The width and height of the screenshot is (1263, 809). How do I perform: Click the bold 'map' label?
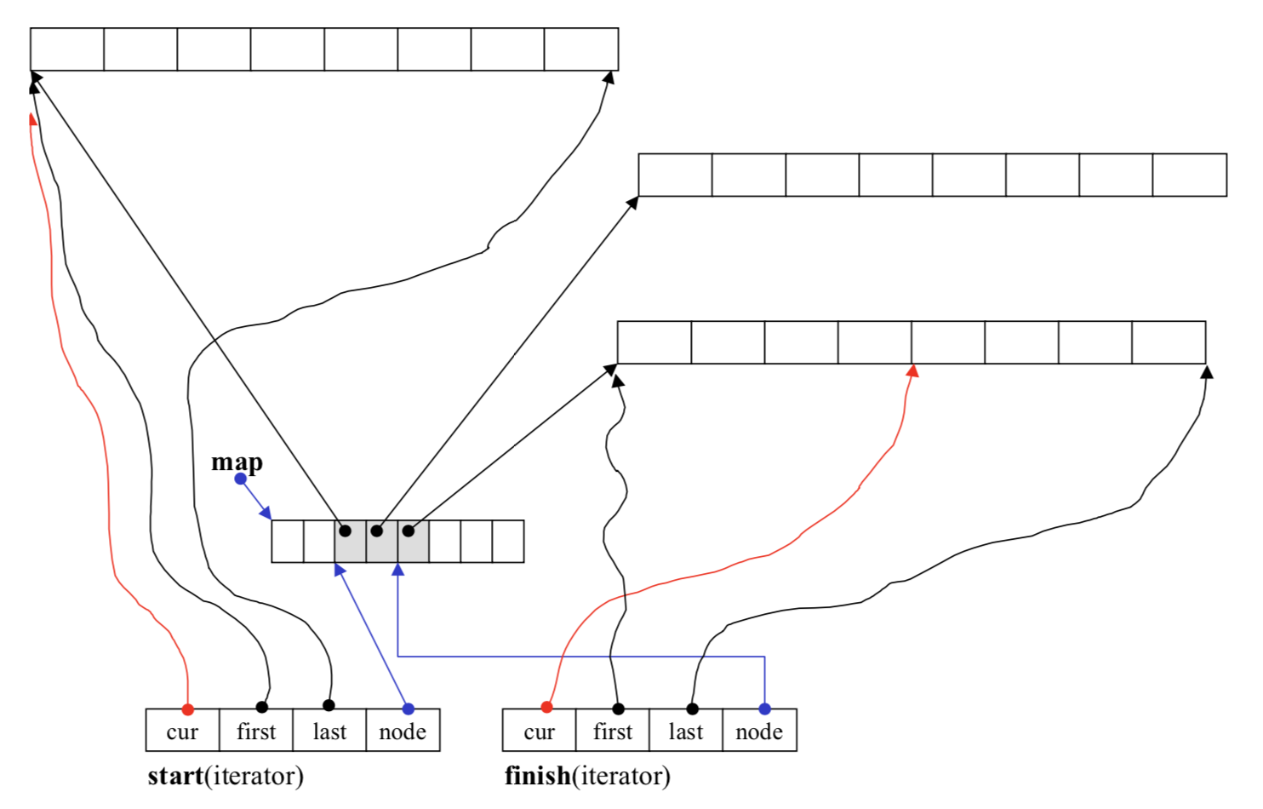click(x=237, y=462)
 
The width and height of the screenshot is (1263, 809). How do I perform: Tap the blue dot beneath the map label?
click(x=241, y=479)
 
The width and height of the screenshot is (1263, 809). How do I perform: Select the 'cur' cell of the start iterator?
click(x=182, y=732)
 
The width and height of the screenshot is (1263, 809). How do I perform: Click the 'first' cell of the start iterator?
click(x=256, y=732)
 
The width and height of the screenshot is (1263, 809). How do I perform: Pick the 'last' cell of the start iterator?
click(x=329, y=732)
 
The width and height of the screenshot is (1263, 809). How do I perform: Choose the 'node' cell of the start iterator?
click(x=403, y=732)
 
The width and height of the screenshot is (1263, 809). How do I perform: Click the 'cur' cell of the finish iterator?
click(x=539, y=732)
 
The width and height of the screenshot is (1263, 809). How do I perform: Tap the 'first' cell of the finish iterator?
click(x=612, y=732)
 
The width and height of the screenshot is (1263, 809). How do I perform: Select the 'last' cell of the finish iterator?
click(x=685, y=732)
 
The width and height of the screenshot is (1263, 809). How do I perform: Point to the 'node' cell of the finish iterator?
click(x=759, y=732)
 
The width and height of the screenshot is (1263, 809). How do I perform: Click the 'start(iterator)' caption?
click(x=226, y=777)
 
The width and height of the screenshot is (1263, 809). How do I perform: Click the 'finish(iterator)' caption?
click(x=587, y=777)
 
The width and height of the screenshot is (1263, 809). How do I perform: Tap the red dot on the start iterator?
click(x=188, y=709)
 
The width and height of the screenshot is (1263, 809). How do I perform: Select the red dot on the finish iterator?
click(x=546, y=707)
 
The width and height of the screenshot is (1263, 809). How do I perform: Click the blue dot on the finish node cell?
click(x=764, y=709)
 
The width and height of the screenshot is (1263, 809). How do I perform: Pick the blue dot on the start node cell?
click(x=409, y=709)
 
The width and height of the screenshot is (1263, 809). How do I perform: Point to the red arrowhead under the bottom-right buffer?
click(x=912, y=371)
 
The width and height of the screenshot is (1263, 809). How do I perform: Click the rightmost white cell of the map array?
click(x=508, y=542)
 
